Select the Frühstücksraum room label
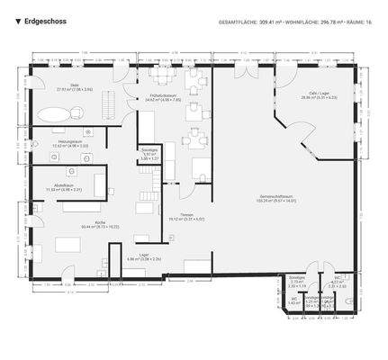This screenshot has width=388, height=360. (164, 97)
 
